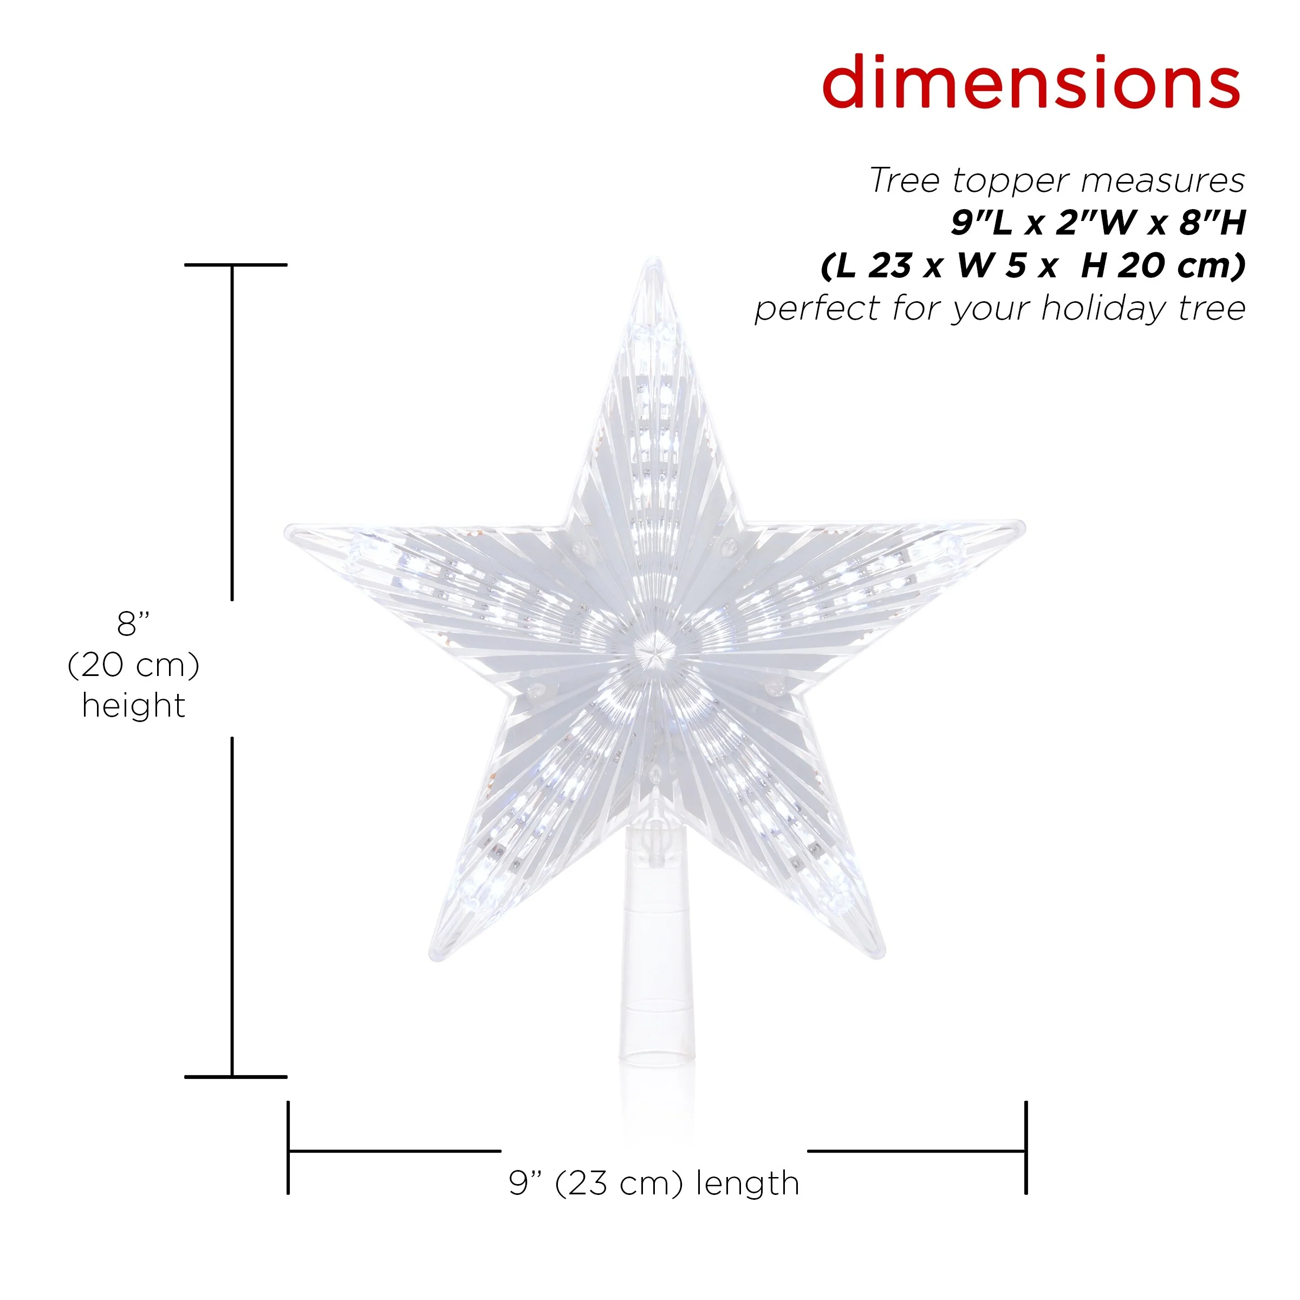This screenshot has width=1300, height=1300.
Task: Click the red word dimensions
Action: coord(1031,82)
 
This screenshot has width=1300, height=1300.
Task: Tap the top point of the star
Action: coord(653,259)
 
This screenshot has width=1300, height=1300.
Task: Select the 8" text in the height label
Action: coord(133,624)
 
